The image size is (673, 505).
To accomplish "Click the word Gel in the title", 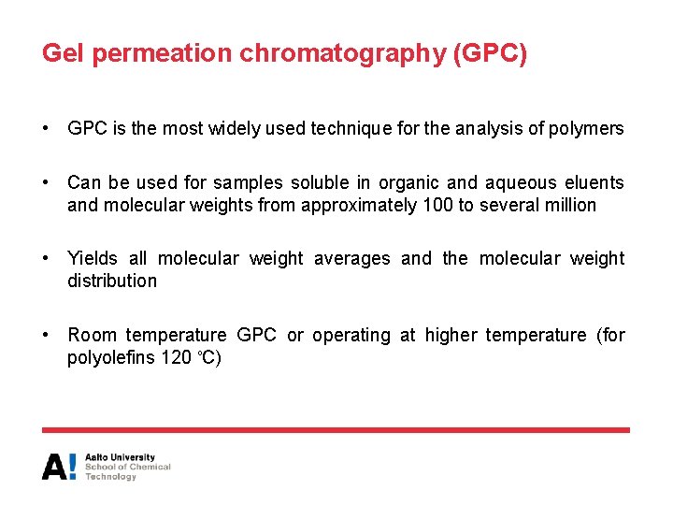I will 64,53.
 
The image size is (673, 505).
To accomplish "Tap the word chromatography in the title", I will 343,54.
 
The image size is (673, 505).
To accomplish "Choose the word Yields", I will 93,258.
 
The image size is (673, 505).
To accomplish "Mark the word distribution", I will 112,281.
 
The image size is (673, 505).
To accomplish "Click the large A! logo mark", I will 60,466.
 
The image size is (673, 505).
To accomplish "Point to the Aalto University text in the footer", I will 120,457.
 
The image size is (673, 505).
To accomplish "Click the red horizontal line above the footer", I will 336,430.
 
